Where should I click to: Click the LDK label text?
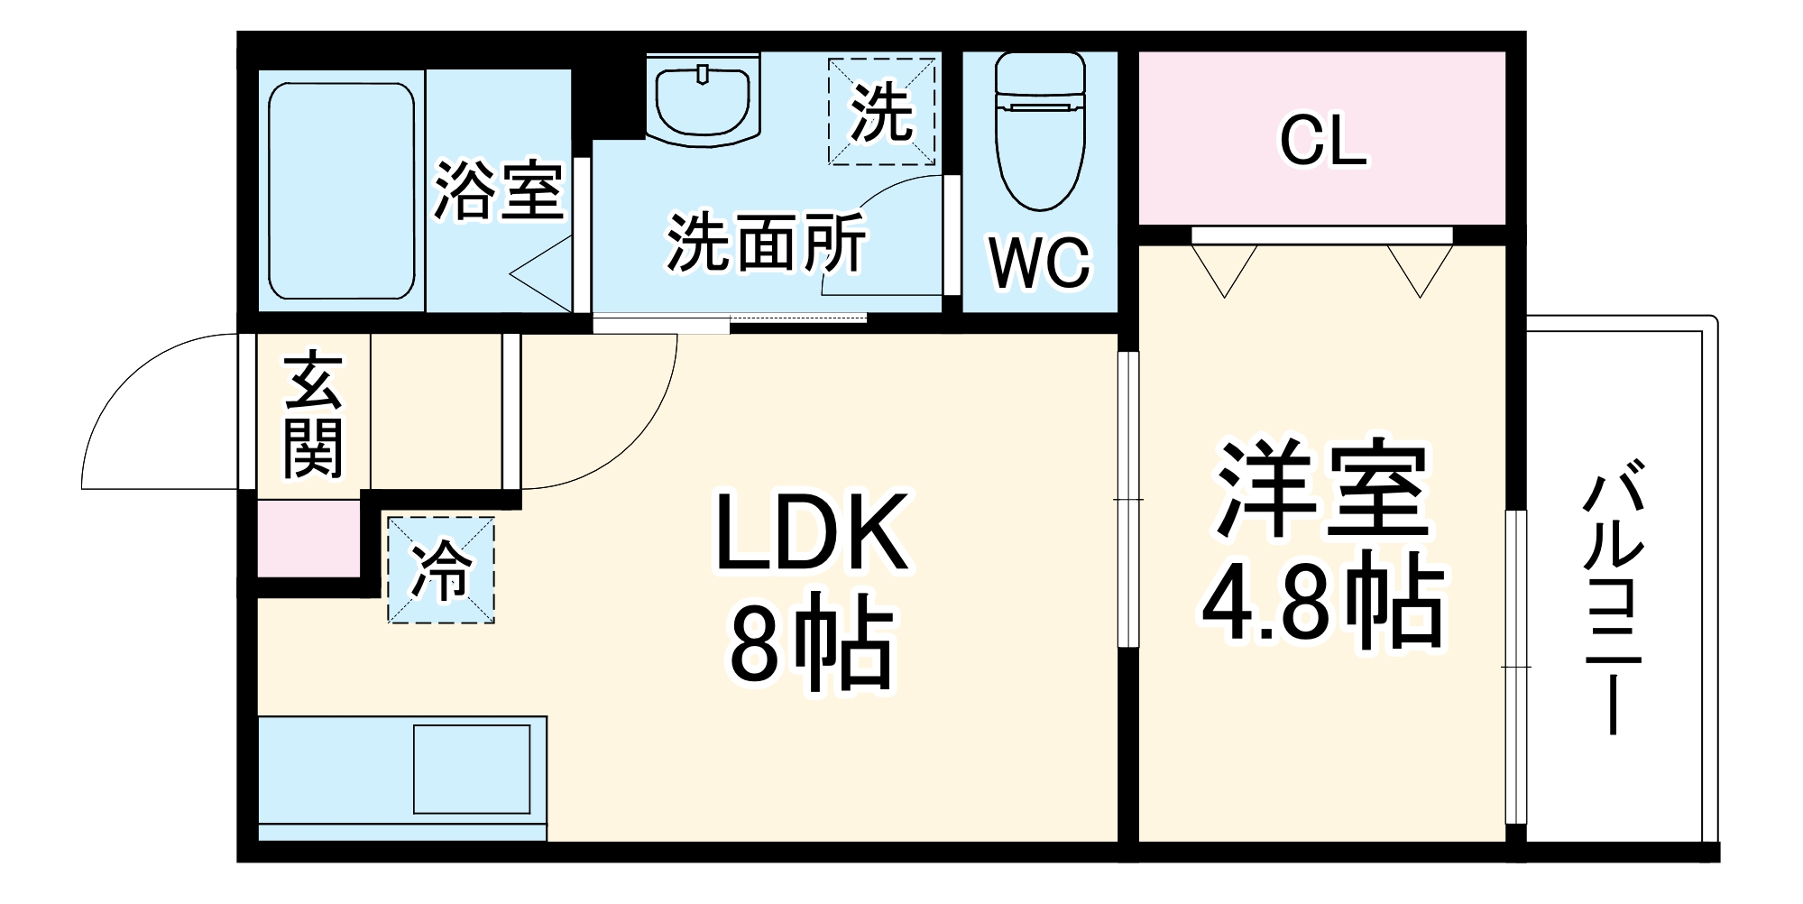point(810,533)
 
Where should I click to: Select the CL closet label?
point(1322,142)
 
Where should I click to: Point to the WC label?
point(1039,263)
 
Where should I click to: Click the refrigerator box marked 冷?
point(441,570)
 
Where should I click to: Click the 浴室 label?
point(498,190)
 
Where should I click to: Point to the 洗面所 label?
point(766,243)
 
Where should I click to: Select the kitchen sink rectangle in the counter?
point(471,769)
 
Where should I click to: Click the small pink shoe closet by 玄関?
point(308,539)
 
